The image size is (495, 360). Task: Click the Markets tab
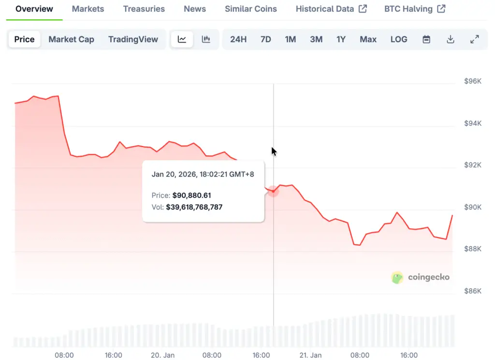click(88, 9)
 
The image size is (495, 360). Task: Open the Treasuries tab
click(144, 9)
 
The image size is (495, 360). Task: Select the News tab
click(195, 9)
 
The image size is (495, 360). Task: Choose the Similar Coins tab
click(251, 9)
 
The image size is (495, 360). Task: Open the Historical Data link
click(331, 9)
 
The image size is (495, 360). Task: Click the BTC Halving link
click(415, 9)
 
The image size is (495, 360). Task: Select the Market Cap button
click(71, 39)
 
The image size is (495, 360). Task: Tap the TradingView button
click(133, 39)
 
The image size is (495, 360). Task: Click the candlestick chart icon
click(206, 39)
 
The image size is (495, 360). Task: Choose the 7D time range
click(265, 39)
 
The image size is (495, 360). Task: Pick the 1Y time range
click(341, 39)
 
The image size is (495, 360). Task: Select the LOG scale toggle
click(399, 39)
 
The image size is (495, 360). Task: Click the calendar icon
click(426, 39)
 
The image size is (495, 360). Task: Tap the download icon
click(451, 39)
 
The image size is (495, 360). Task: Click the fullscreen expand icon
click(475, 39)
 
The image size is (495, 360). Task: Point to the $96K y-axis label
click(473, 81)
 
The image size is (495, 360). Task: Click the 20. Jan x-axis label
click(162, 355)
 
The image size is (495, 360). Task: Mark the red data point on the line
click(273, 191)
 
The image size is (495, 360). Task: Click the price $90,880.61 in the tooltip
click(191, 195)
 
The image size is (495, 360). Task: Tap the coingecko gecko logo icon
click(397, 277)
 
